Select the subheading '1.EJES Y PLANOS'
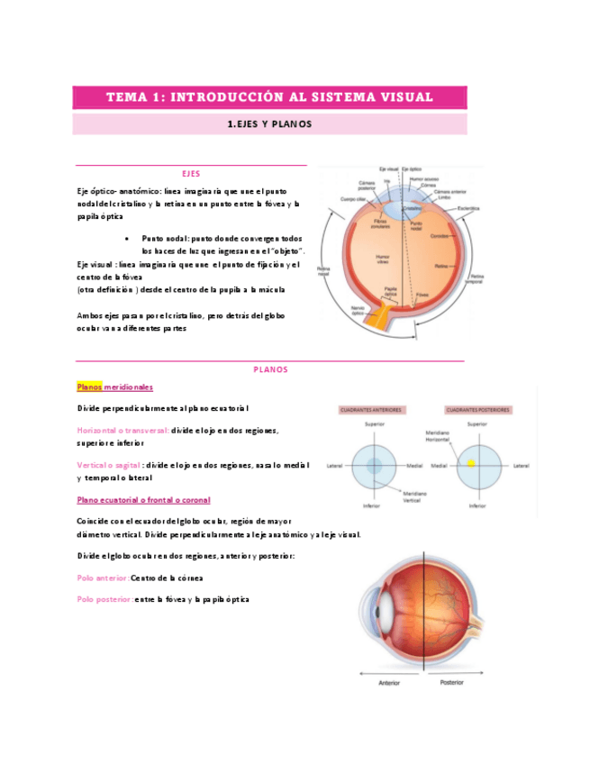point(269,124)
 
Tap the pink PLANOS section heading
point(269,369)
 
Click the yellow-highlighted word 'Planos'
point(90,387)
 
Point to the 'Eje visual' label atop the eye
point(389,168)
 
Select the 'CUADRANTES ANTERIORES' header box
point(370,410)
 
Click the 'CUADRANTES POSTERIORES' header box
point(477,410)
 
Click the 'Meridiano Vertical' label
point(415,496)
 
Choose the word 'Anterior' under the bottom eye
point(388,682)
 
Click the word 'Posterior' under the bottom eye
point(452,682)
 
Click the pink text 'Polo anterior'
point(103,578)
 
